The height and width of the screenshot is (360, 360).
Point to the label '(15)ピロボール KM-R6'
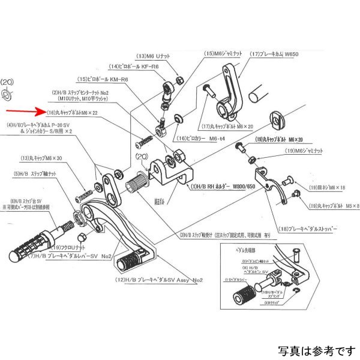105,79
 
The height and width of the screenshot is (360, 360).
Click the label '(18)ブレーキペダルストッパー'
315,229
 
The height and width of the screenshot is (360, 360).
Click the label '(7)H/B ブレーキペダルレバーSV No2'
83,257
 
